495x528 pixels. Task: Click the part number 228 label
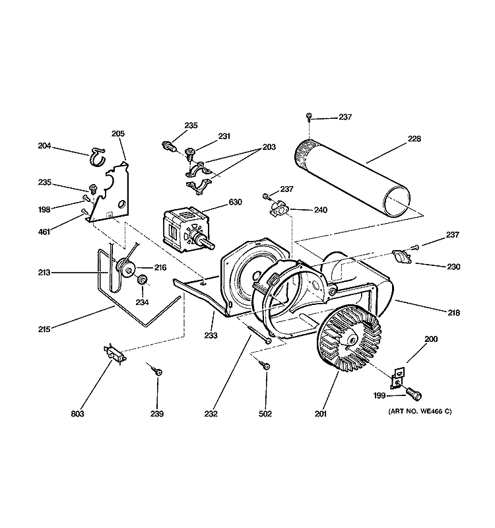[x=414, y=139]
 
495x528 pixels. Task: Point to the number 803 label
[x=78, y=414]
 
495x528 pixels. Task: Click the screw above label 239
[x=158, y=372]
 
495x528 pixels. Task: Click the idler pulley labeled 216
[x=125, y=269]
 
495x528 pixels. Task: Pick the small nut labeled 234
[x=141, y=282]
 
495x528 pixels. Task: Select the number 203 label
[x=269, y=147]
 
